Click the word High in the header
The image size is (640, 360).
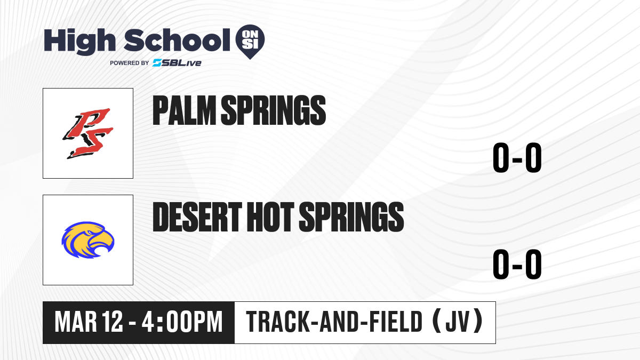(x=79, y=41)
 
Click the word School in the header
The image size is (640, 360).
(x=177, y=41)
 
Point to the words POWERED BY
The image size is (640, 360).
(x=130, y=63)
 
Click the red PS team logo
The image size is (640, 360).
(x=88, y=133)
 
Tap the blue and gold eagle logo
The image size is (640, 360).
(x=88, y=240)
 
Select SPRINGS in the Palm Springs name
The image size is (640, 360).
(x=274, y=110)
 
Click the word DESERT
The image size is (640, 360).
(x=197, y=217)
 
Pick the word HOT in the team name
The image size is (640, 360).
(x=270, y=217)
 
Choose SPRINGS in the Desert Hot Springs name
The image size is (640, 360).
(x=351, y=217)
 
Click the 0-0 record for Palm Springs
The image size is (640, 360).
(x=517, y=158)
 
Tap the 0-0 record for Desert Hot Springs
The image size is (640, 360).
(x=517, y=264)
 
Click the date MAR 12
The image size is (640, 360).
(x=89, y=322)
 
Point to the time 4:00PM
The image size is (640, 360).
(x=182, y=322)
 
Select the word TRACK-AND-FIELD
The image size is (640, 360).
(x=334, y=322)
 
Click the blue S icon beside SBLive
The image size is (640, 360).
(x=157, y=63)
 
